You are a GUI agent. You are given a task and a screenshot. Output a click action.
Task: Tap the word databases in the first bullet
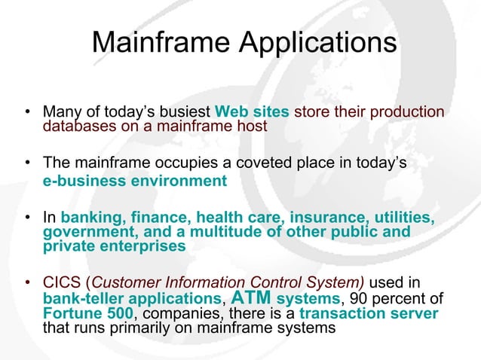coord(78,126)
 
